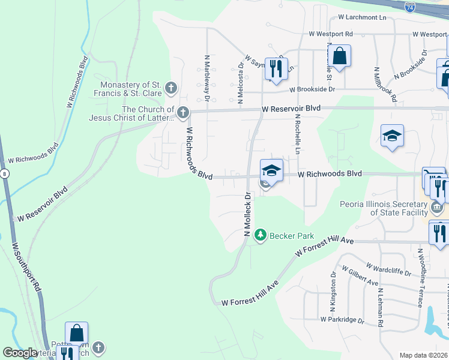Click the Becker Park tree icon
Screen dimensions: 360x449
(260, 235)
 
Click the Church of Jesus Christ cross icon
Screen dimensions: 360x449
(182, 112)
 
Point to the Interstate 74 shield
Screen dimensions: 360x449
(409, 8)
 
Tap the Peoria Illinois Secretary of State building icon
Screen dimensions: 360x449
(437, 208)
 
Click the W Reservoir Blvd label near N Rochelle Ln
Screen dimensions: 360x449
(291, 109)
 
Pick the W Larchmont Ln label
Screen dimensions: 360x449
(362, 18)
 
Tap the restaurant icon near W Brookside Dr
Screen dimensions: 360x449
(276, 68)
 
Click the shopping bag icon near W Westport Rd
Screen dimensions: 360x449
(339, 56)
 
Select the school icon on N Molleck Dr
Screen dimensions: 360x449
(271, 170)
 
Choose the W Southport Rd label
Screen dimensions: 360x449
(26, 267)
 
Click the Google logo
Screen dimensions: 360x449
(20, 353)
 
